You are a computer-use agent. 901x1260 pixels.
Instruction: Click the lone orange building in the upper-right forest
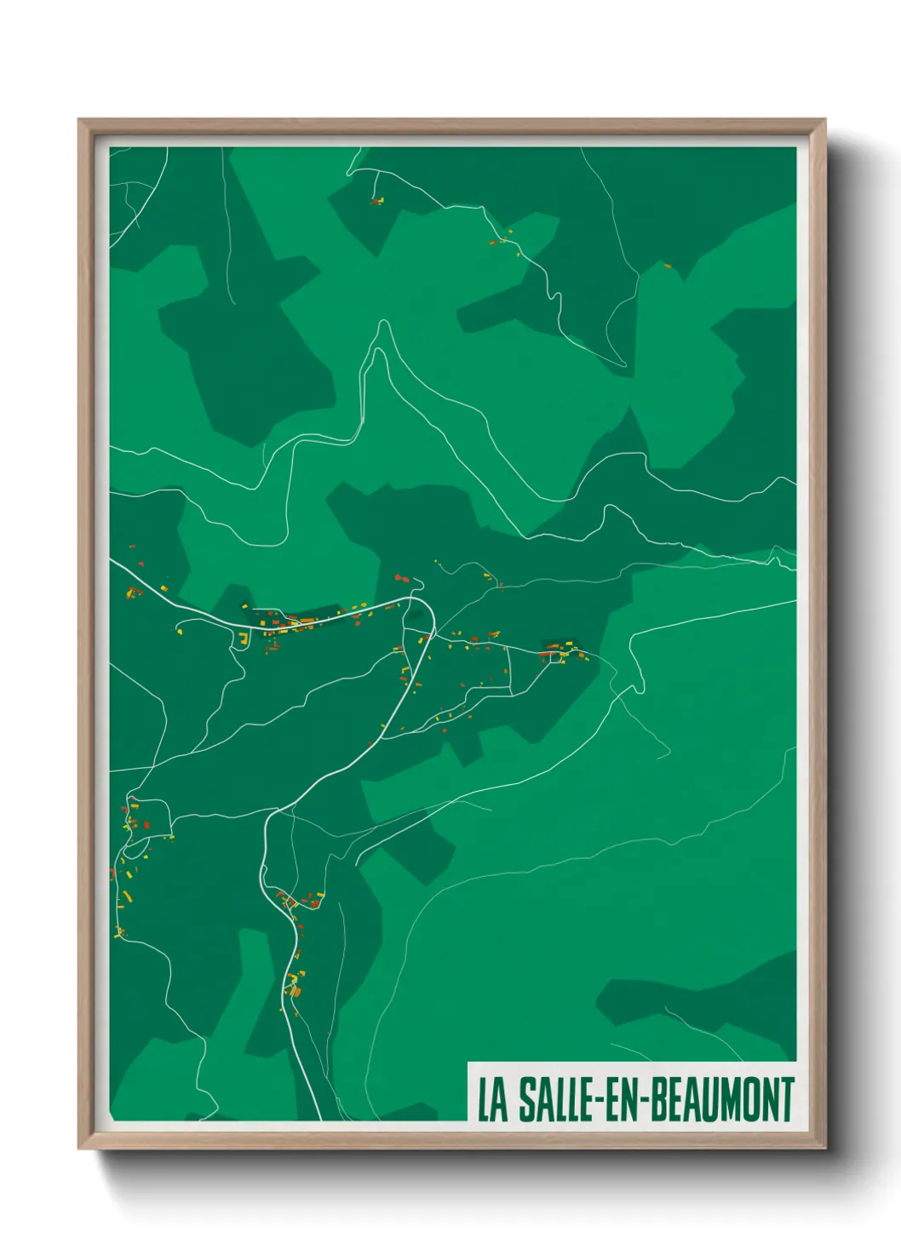point(667,266)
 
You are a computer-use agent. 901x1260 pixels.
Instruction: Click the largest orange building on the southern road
point(296,990)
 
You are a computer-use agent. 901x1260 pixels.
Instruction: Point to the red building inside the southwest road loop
point(145,823)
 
